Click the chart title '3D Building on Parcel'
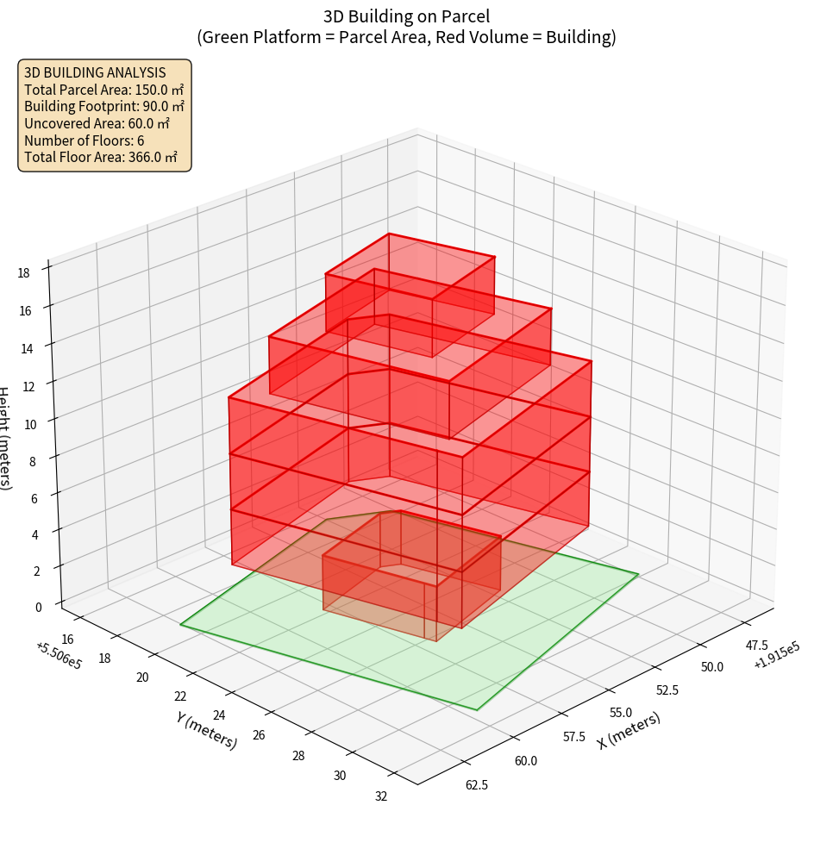pyautogui.click(x=407, y=16)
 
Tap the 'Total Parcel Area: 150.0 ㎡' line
pyautogui.click(x=103, y=90)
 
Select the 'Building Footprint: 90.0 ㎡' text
pyautogui.click(x=103, y=107)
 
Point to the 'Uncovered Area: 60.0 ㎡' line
pyautogui.click(x=97, y=124)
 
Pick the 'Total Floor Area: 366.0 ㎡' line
pyautogui.click(x=100, y=158)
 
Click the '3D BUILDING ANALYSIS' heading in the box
pyautogui.click(x=95, y=73)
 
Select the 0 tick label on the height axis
pyautogui.click(x=38, y=607)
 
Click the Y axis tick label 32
pyautogui.click(x=381, y=796)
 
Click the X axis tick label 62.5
pyautogui.click(x=476, y=785)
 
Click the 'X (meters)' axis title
pyautogui.click(x=629, y=729)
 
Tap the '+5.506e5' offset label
pyautogui.click(x=59, y=656)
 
